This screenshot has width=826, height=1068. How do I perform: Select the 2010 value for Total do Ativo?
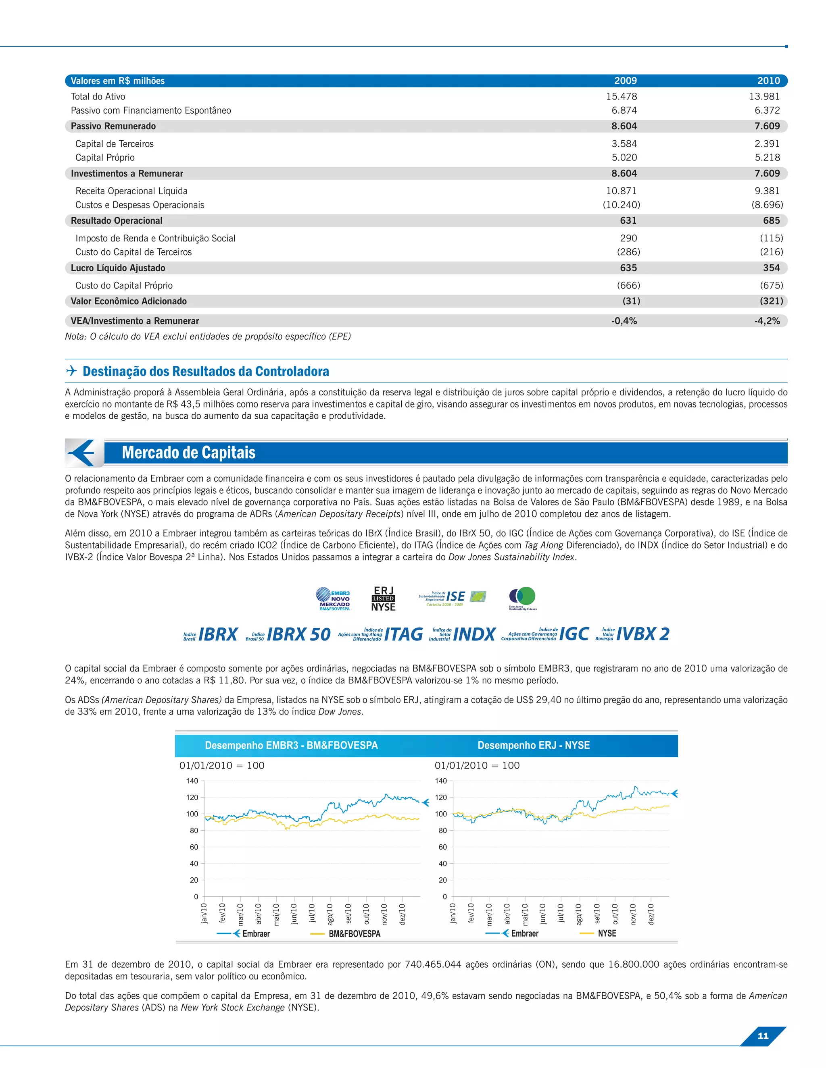[x=764, y=96]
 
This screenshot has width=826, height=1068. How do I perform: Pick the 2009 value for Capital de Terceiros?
[x=624, y=144]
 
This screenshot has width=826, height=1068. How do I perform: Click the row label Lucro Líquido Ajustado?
[x=118, y=268]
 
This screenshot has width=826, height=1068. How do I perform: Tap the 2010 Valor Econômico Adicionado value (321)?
[x=771, y=301]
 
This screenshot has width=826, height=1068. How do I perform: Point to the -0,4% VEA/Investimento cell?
[x=624, y=321]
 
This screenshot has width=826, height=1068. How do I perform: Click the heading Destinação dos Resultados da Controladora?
[x=206, y=371]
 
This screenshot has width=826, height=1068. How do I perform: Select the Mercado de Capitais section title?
[x=188, y=452]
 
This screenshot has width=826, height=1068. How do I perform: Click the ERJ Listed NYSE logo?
[x=383, y=599]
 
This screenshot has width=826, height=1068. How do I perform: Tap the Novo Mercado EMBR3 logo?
[x=333, y=599]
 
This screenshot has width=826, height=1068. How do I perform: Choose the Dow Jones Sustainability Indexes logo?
[x=523, y=598]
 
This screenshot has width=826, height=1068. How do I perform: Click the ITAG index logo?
[x=381, y=634]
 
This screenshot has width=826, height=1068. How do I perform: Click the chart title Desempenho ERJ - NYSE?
[x=533, y=745]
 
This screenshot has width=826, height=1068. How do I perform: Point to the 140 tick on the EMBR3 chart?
[x=192, y=781]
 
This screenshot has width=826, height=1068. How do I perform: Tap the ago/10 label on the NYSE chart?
[x=579, y=914]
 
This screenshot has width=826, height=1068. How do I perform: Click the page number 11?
[x=762, y=1036]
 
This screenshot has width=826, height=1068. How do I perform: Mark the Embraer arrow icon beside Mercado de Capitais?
[x=83, y=453]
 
